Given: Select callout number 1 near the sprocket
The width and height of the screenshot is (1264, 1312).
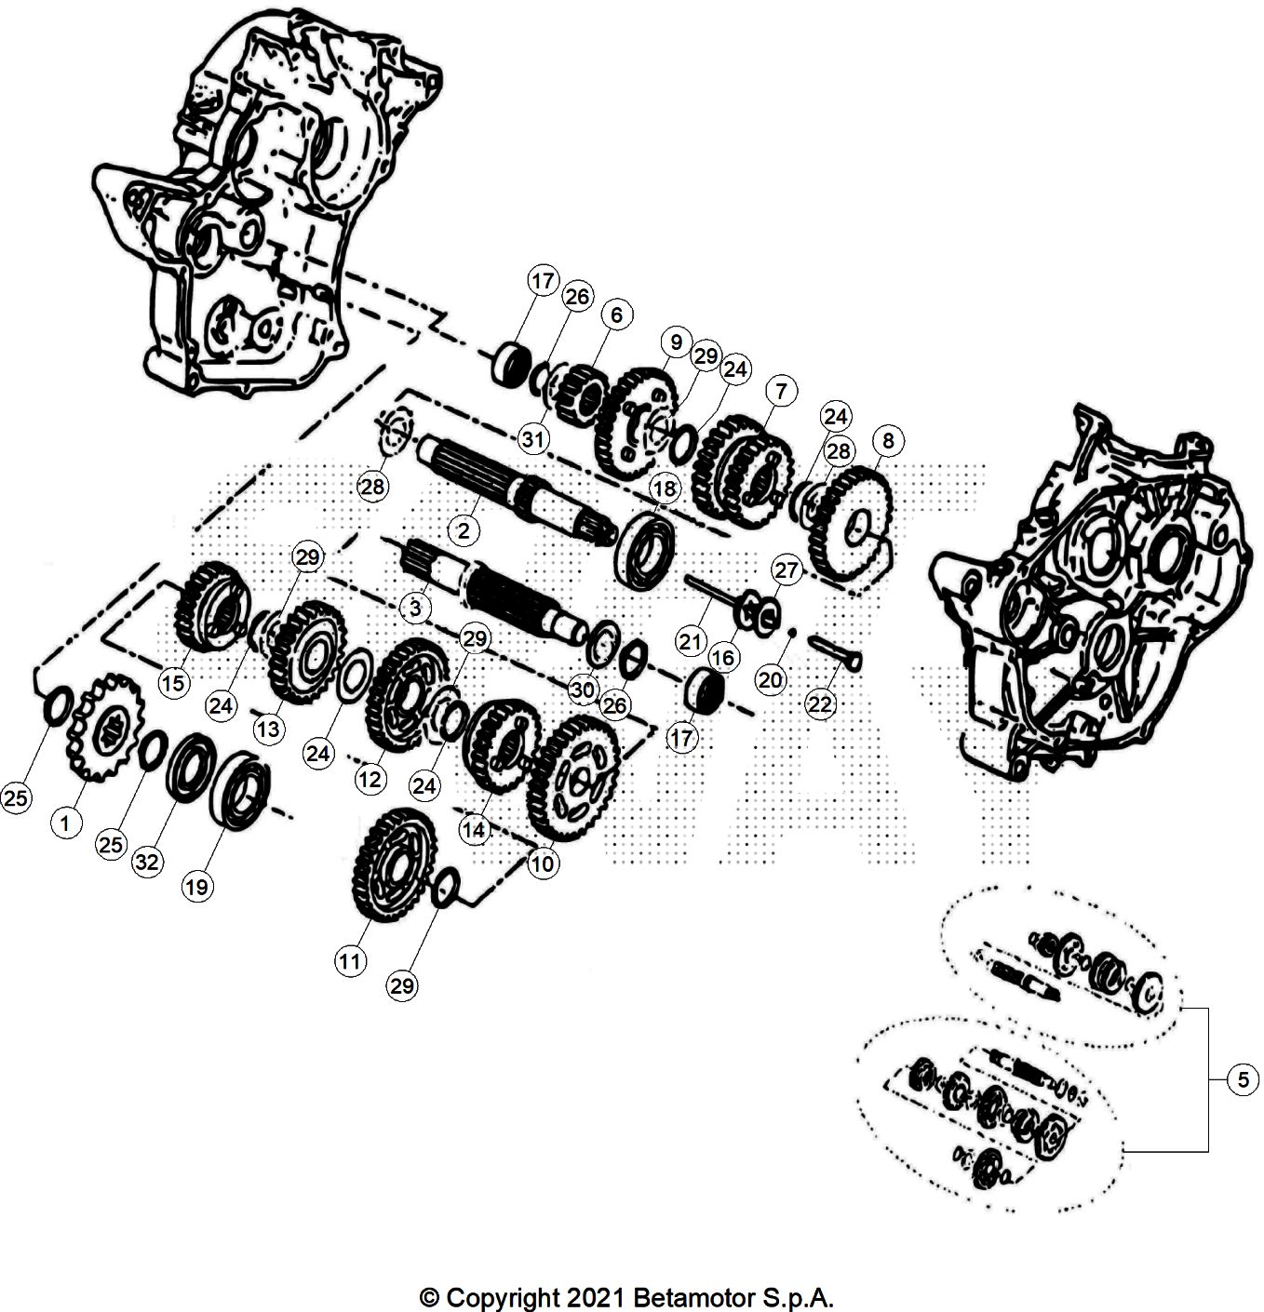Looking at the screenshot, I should (64, 823).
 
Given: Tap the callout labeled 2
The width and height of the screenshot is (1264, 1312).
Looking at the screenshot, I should (463, 531).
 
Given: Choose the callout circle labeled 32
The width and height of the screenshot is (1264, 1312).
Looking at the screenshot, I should (147, 862).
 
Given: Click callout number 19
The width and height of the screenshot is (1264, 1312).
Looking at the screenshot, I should (196, 887).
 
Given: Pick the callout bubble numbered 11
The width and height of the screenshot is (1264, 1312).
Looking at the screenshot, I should (350, 961).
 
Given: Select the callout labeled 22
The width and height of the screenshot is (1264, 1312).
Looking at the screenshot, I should (819, 704).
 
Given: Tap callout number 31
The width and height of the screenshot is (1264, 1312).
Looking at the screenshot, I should (533, 439).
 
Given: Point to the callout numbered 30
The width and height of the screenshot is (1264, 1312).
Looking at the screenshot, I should (583, 689).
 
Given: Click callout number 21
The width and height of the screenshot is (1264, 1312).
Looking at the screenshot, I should (690, 641).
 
